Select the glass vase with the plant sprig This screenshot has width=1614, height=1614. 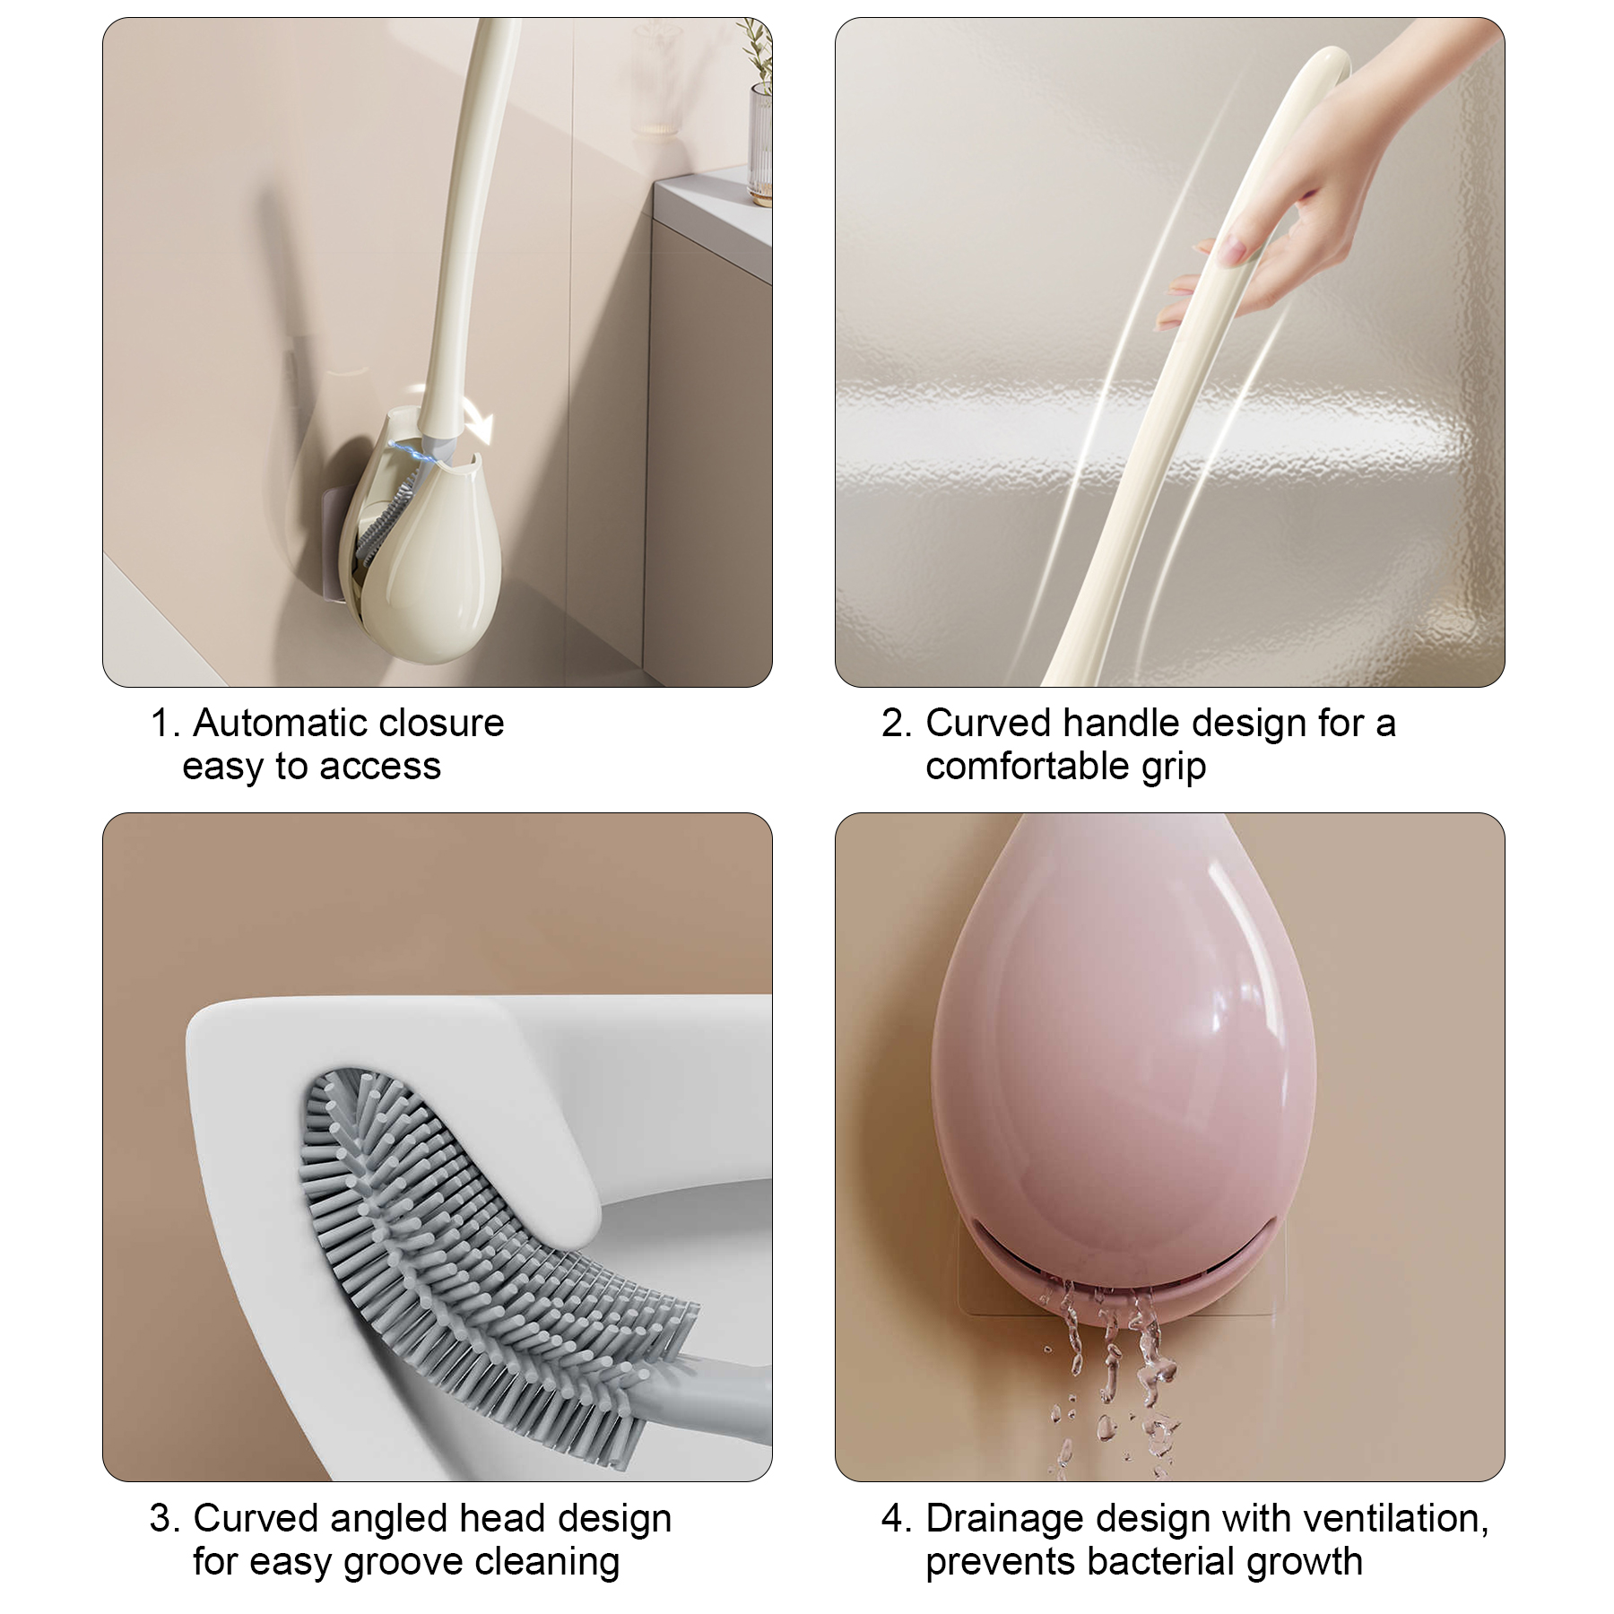click(759, 143)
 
